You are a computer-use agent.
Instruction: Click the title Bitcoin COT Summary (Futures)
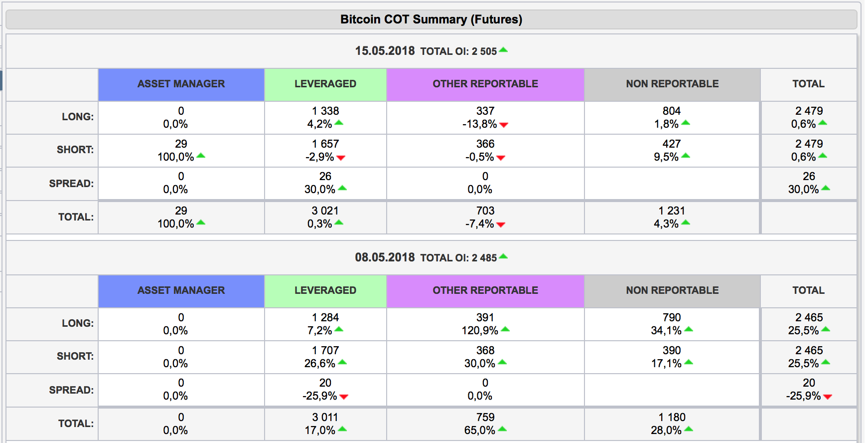[x=431, y=19]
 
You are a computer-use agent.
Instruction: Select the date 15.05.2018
[x=385, y=51]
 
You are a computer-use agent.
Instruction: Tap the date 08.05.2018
[x=385, y=257]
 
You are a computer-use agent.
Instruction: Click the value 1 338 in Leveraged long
[x=325, y=111]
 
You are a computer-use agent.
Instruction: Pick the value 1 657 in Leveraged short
[x=325, y=144]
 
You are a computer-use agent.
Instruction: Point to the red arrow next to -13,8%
[x=504, y=125]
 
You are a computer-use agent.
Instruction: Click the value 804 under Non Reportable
[x=671, y=111]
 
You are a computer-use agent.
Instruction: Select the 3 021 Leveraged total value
[x=325, y=211]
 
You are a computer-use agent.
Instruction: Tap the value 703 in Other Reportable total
[x=485, y=211]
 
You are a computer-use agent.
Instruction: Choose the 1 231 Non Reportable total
[x=671, y=211]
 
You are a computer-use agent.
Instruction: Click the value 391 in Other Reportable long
[x=485, y=317]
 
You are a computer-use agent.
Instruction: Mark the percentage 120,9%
[x=479, y=330]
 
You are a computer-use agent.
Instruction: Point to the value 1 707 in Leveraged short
[x=325, y=350]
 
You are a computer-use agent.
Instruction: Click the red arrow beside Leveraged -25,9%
[x=344, y=397]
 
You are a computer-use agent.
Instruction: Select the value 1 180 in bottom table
[x=671, y=417]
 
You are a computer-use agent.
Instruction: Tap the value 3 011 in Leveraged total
[x=325, y=417]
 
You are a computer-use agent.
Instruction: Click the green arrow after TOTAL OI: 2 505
[x=503, y=50]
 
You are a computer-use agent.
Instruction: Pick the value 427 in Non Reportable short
[x=671, y=144]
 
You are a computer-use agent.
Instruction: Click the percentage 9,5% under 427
[x=666, y=157]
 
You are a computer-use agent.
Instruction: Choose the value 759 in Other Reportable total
[x=485, y=417]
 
